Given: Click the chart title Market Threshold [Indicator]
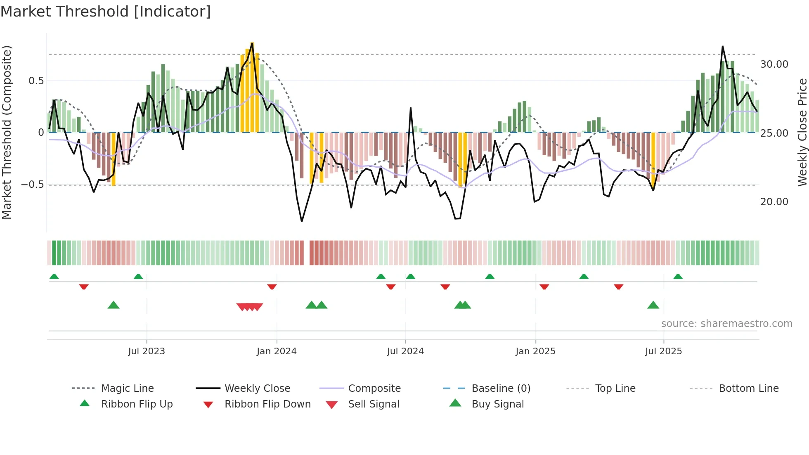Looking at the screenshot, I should tap(106, 12).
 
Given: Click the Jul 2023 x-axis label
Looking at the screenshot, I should tap(146, 351).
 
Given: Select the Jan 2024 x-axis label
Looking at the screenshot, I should tap(277, 351).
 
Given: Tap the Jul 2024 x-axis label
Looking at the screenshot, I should tap(405, 351).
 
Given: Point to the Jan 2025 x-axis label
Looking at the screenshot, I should tap(535, 351).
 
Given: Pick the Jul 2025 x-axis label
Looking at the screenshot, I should tap(663, 351).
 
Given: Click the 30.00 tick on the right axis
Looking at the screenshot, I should tap(774, 64).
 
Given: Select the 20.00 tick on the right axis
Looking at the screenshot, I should tap(774, 202).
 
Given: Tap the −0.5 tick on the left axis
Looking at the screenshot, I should tap(33, 185).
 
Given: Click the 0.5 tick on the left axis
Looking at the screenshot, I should tap(36, 81).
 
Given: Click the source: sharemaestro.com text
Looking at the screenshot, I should tap(726, 324).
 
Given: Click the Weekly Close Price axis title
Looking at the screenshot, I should tap(802, 132).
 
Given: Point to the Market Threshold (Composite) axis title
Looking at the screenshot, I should tap(7, 132).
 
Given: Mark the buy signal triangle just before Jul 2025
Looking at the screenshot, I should tap(653, 305).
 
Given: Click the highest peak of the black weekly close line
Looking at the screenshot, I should tap(722, 46).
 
